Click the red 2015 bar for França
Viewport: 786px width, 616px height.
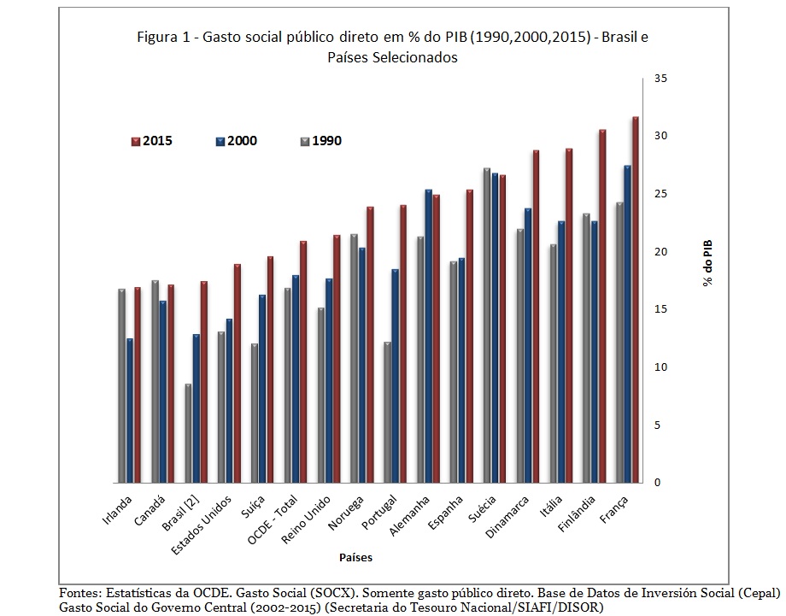(x=635, y=299)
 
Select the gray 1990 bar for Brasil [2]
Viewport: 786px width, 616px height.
(x=188, y=433)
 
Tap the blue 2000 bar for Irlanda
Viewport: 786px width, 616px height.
(x=130, y=410)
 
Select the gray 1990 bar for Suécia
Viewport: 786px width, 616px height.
(x=486, y=325)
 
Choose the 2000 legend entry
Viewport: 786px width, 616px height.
(x=237, y=141)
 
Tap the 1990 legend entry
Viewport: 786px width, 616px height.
(x=321, y=141)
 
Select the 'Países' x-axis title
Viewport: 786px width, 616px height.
(x=355, y=557)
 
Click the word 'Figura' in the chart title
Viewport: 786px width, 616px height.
(x=155, y=39)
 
